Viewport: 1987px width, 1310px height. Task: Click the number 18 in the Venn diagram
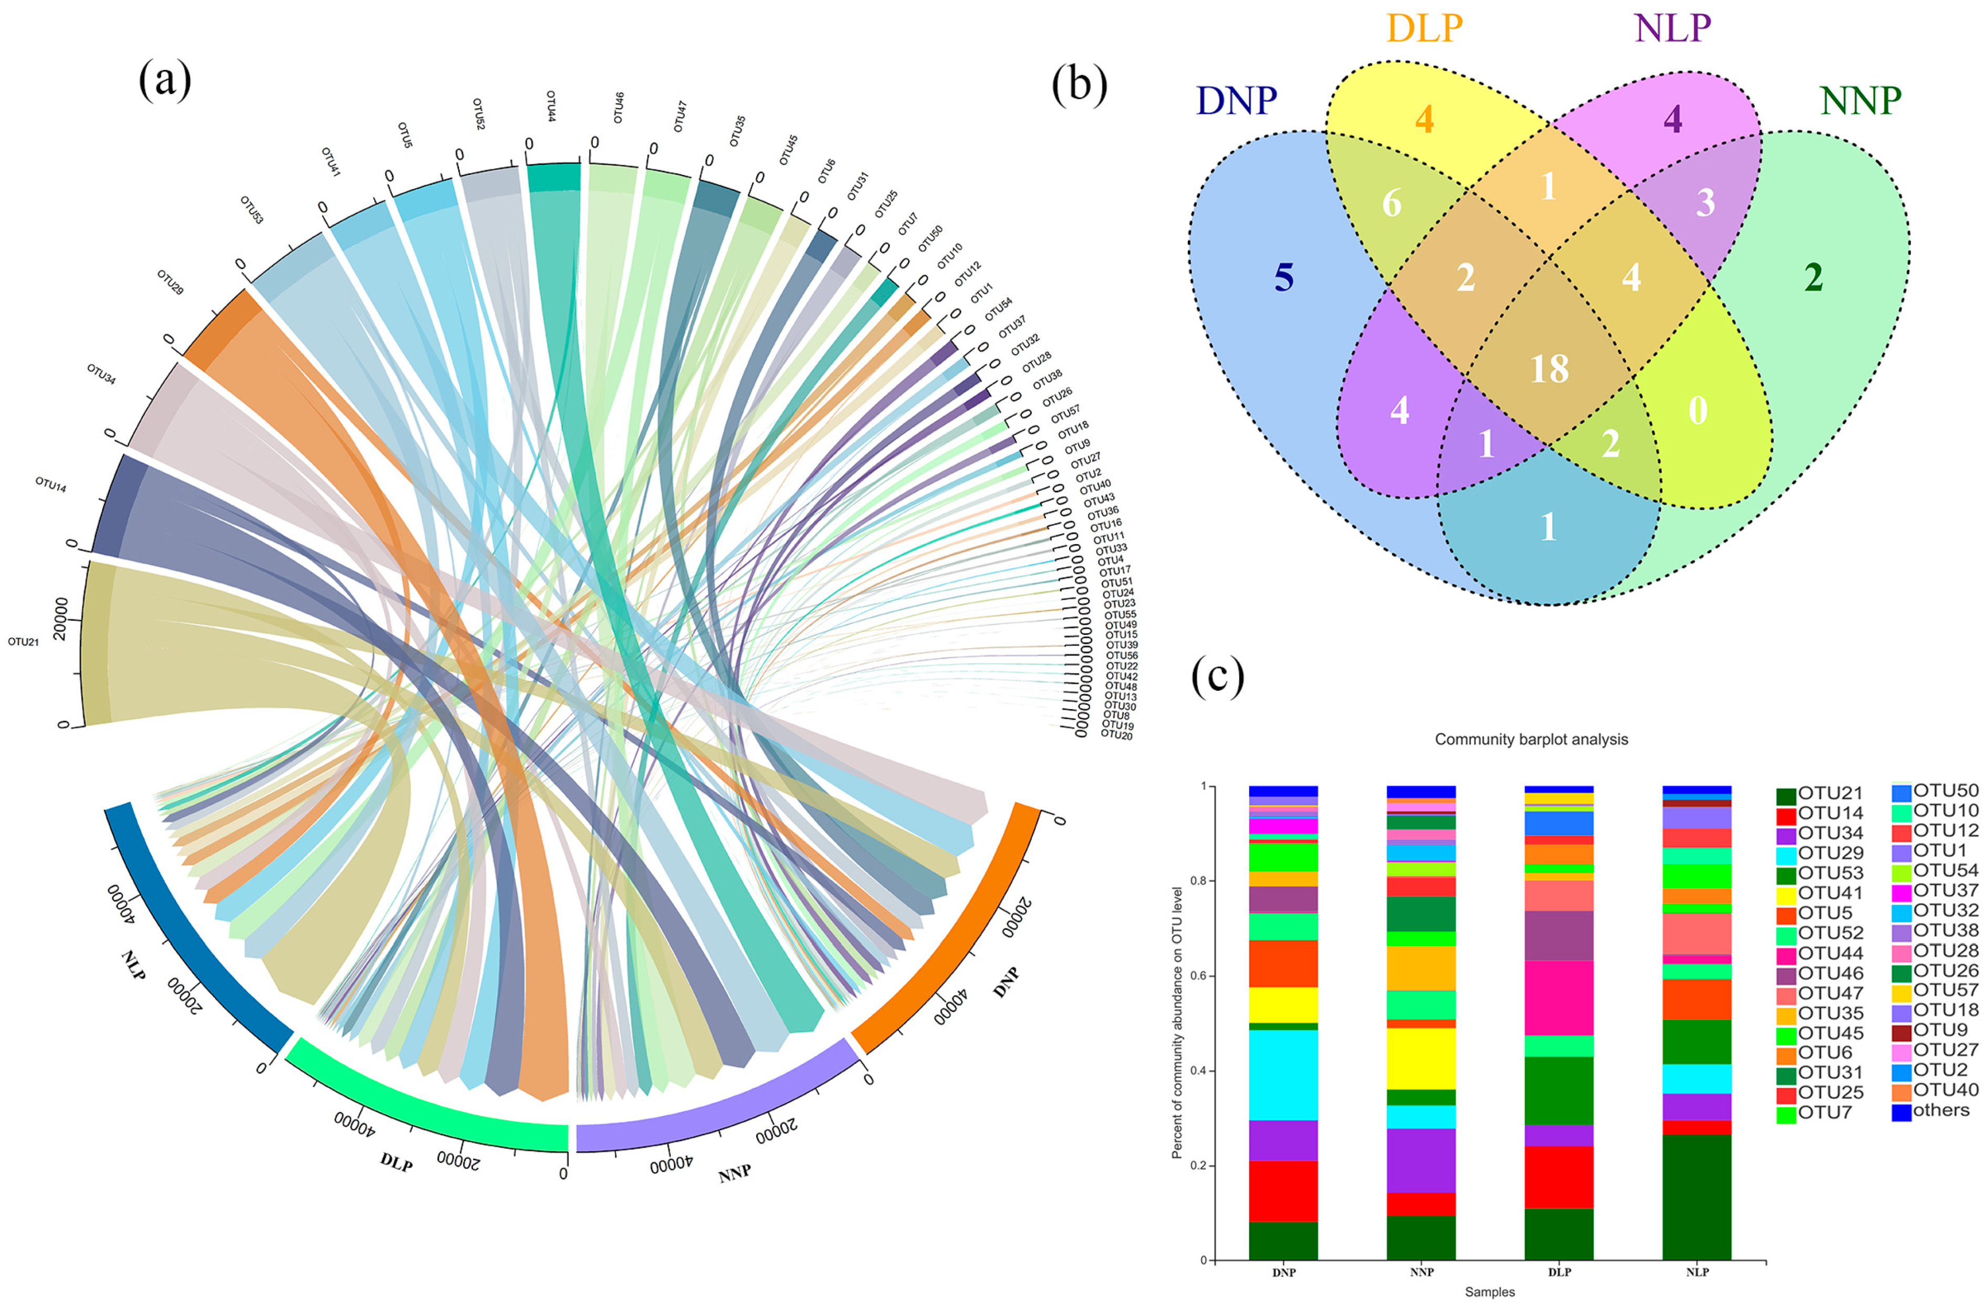click(x=1550, y=368)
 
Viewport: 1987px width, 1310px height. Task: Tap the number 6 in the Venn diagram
click(x=1392, y=203)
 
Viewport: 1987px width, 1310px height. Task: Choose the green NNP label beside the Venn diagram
click(x=1860, y=101)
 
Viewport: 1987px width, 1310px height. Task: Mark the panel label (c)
click(x=1217, y=676)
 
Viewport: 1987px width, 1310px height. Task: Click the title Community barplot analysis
click(x=1531, y=740)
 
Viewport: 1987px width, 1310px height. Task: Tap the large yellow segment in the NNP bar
click(x=1421, y=1058)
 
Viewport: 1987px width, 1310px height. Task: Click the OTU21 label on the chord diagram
click(x=24, y=642)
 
